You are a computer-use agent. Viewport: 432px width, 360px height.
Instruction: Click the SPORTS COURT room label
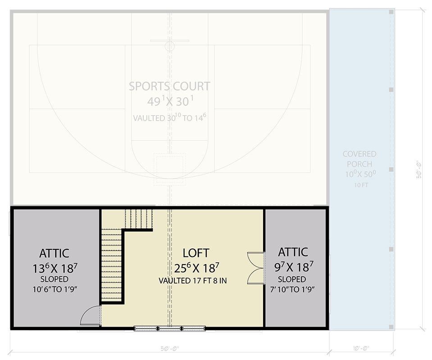pos(169,86)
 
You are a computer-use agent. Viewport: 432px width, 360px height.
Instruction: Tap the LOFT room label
pos(196,252)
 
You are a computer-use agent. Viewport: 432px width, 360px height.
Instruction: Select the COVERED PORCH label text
pos(359,159)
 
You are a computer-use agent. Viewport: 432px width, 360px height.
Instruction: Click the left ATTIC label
pos(54,254)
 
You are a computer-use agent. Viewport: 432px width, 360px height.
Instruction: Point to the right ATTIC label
pos(293,252)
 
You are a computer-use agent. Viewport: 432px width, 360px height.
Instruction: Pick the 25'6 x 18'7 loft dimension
pos(196,268)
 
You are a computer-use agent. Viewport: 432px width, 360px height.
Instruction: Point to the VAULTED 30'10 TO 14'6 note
pos(169,118)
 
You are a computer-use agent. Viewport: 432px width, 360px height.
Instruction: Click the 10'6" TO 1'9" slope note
pos(54,289)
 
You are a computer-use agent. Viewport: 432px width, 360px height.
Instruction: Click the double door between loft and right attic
pos(255,268)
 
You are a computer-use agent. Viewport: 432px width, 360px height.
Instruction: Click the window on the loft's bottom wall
pos(170,328)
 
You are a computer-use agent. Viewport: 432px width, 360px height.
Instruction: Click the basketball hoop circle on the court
pos(169,46)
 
